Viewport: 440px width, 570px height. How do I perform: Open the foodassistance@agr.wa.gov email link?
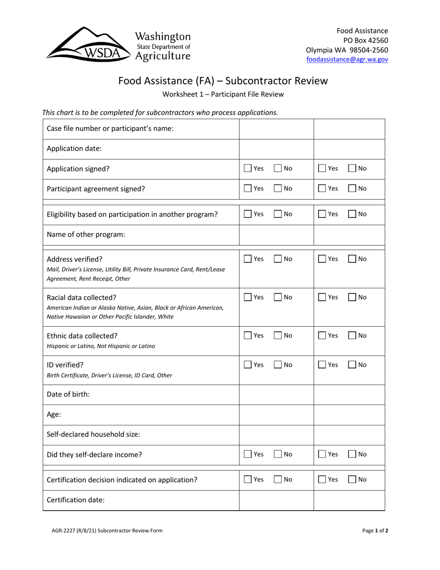(x=347, y=59)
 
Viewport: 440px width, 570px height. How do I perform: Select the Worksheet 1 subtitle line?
(x=223, y=95)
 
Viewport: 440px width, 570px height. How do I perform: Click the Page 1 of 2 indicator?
(x=375, y=531)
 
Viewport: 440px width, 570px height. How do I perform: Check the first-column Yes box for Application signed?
(x=248, y=169)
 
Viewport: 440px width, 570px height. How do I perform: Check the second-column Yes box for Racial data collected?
(x=322, y=297)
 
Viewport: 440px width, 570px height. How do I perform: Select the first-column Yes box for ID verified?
(x=248, y=365)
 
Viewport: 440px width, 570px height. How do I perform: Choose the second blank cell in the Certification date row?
(x=349, y=500)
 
